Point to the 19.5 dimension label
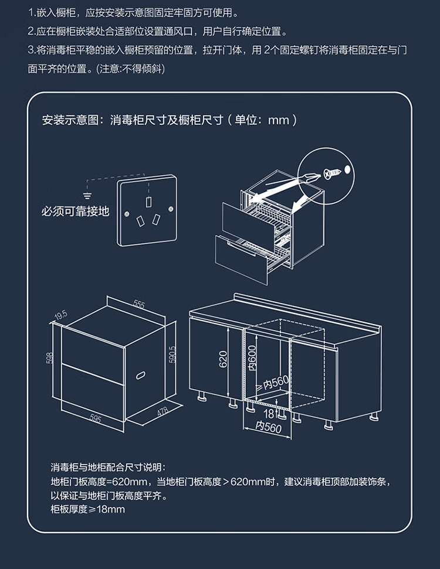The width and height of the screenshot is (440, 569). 61,315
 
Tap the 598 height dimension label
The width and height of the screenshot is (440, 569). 50,358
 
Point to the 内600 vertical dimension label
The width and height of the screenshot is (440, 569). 252,356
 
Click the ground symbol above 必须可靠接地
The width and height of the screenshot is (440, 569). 88,194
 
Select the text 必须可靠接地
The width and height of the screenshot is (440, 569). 75,212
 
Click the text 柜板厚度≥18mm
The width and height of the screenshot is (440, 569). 88,509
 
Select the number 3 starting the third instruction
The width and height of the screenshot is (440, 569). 31,51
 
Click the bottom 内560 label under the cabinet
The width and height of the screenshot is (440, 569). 269,428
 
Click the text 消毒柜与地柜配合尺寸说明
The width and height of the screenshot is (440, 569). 109,468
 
